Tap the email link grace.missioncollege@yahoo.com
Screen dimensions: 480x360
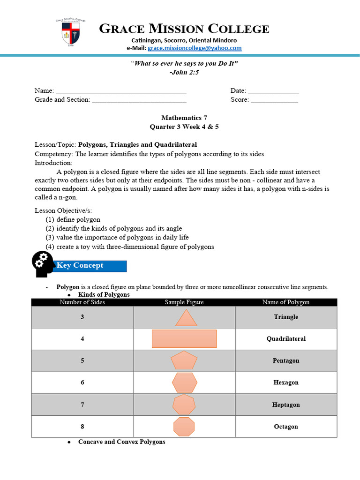[x=195, y=48]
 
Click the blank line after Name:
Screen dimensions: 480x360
[x=121, y=91]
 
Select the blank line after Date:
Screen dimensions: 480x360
[x=273, y=91]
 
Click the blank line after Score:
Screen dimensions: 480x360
[x=274, y=100]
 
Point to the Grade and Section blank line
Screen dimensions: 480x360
[x=139, y=100]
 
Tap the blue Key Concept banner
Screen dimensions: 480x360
[x=91, y=266]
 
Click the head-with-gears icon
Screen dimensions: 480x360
[x=43, y=264]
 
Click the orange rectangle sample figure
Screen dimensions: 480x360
[x=184, y=338]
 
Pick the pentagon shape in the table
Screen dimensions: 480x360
[x=184, y=361]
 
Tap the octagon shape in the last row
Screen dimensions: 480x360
[x=184, y=427]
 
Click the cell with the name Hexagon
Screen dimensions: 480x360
[x=286, y=382]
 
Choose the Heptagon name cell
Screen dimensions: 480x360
[x=286, y=405]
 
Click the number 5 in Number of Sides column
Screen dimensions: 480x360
[x=82, y=360]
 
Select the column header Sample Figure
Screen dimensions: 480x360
[x=184, y=302]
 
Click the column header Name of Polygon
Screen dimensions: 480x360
[x=286, y=302]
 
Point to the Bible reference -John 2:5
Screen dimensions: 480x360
[x=180, y=72]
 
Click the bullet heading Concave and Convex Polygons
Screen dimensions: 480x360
[x=121, y=442]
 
